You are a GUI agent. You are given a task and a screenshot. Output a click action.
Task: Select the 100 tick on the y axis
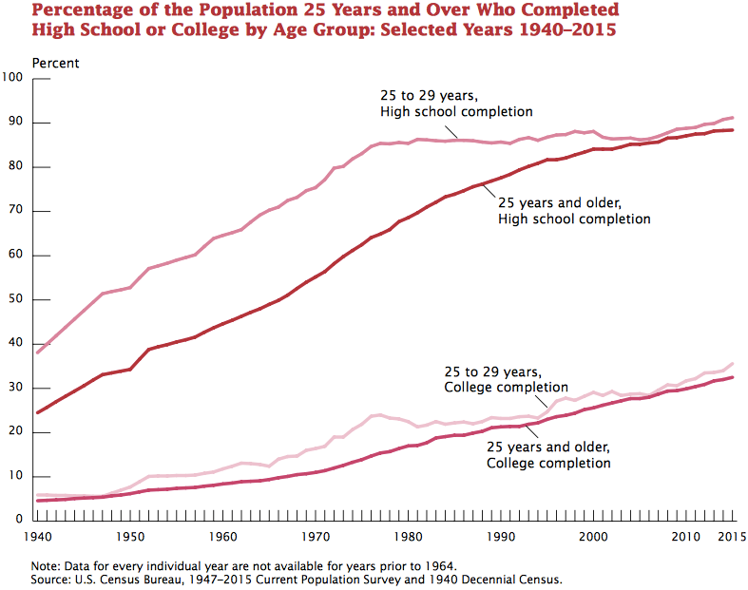12,78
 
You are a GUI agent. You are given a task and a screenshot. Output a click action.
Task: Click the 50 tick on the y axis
15,299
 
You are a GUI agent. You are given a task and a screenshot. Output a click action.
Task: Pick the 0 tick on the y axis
19,521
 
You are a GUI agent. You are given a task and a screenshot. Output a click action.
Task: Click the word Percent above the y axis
56,63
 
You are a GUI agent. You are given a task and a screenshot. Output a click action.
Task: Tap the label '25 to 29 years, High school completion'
456,105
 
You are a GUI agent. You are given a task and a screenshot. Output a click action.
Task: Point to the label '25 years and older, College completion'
548,455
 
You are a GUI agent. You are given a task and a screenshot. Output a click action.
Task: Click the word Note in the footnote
46,565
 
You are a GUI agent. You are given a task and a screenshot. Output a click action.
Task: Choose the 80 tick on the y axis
15,167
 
